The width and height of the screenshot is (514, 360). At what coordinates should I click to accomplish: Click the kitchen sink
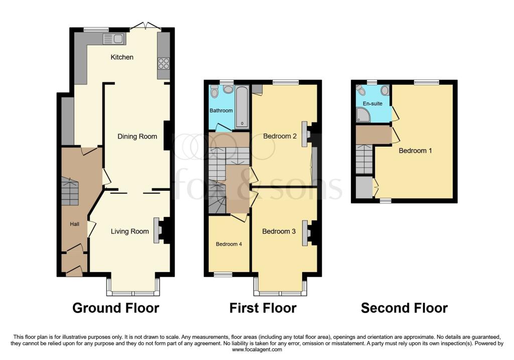(113, 39)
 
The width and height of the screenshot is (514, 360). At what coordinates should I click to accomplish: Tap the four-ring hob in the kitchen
(164, 63)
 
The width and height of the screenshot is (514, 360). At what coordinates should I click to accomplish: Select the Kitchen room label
(122, 57)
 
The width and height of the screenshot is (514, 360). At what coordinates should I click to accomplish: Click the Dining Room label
(137, 137)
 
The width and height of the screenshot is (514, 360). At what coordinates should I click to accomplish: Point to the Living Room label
(130, 231)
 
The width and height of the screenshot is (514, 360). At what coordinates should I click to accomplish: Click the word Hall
(74, 224)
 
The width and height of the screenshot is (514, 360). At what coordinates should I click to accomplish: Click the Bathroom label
(221, 110)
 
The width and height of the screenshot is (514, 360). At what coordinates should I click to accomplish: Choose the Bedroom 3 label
(279, 231)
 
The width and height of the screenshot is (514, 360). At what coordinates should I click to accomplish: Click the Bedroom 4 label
(229, 245)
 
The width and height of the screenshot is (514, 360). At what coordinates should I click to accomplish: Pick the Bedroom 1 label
(415, 150)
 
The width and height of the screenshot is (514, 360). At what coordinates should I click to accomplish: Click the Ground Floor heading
(115, 308)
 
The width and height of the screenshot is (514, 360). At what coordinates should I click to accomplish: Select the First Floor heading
(263, 308)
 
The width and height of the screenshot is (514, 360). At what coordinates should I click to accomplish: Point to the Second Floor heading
(404, 308)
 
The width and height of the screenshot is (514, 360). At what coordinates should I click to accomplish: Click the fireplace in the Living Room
(158, 231)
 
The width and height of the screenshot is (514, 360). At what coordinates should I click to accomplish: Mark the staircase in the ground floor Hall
(70, 191)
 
